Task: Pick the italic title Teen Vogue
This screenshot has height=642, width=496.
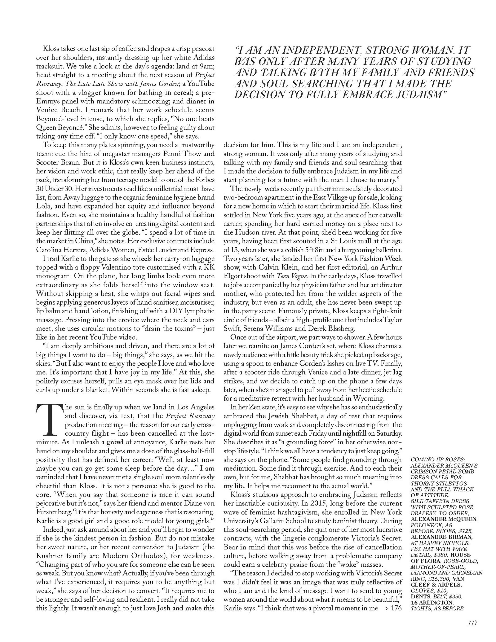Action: [x=291, y=276]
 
